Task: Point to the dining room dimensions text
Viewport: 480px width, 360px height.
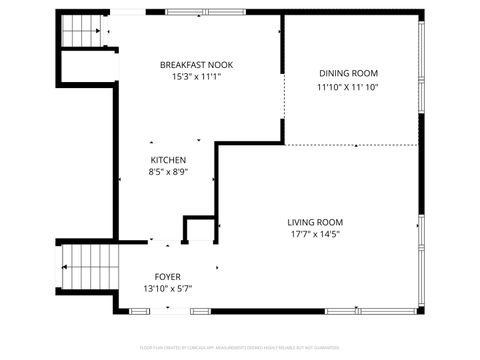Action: click(348, 87)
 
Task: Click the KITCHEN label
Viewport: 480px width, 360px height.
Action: click(168, 160)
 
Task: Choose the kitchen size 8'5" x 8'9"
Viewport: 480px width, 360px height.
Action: click(168, 172)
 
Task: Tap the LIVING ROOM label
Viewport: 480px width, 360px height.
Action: click(315, 222)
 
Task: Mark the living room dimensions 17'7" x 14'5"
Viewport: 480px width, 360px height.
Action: click(315, 235)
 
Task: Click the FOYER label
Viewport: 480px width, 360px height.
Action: click(167, 276)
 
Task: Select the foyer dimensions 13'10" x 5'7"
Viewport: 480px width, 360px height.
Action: click(167, 288)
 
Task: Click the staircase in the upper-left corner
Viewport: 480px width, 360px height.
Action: click(82, 31)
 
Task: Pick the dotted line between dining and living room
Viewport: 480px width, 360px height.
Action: click(350, 143)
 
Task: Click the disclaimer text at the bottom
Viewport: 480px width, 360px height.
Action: click(240, 349)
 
